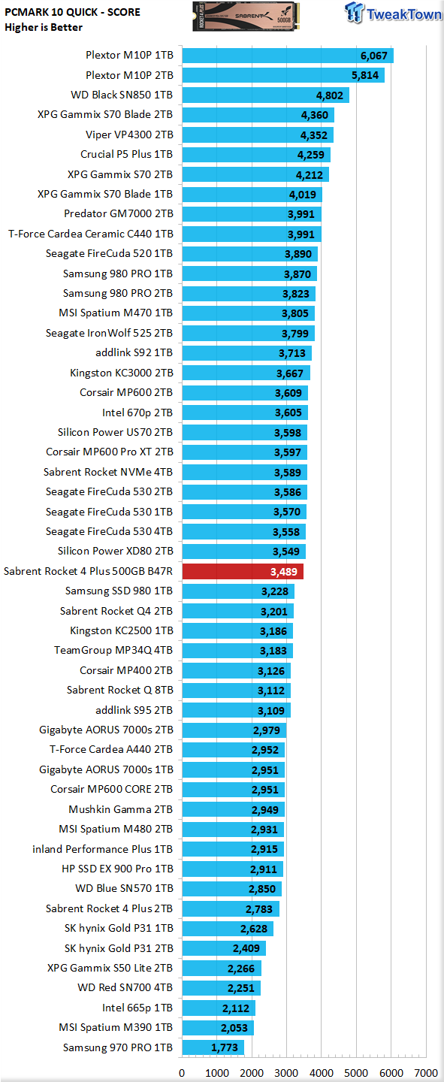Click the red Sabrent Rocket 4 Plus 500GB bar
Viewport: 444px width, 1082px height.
[x=243, y=571]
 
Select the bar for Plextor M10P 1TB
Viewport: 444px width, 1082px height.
[x=288, y=56]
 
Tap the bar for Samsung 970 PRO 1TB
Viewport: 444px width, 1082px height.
[x=213, y=1047]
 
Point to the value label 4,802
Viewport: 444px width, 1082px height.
[x=330, y=95]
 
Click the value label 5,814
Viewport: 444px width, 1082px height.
[x=365, y=75]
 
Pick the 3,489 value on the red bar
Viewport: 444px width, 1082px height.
[x=283, y=572]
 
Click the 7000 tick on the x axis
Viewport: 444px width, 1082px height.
[x=426, y=1073]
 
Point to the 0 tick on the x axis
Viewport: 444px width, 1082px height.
[x=182, y=1073]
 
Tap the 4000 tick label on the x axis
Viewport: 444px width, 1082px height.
[x=322, y=1073]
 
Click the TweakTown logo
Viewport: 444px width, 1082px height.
[x=393, y=13]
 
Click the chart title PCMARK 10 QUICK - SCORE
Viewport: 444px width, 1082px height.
[x=72, y=12]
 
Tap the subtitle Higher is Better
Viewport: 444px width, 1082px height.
[x=44, y=28]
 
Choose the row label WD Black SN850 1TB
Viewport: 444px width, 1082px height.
[x=122, y=95]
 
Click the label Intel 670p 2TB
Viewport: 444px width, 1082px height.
[x=137, y=413]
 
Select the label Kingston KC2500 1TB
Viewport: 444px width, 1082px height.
[x=121, y=631]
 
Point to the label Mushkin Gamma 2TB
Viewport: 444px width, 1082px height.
[x=121, y=809]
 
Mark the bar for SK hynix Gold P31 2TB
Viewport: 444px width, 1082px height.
[x=224, y=948]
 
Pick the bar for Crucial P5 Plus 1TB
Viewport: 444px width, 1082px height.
[x=256, y=155]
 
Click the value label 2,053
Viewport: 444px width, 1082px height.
[x=234, y=1028]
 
